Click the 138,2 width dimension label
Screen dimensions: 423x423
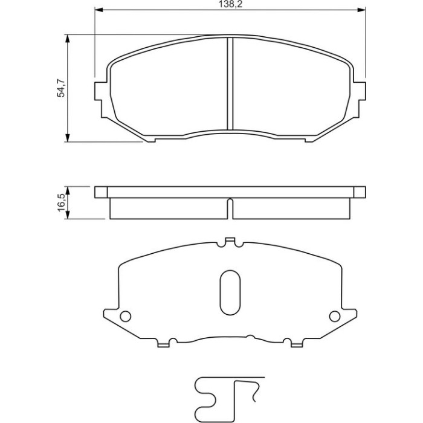[x=230, y=5]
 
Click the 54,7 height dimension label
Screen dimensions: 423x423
[x=60, y=88]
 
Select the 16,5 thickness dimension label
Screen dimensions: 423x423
[x=61, y=202]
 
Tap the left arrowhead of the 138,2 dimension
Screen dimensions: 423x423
[x=98, y=10]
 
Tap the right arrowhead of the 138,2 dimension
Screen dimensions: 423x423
[x=361, y=10]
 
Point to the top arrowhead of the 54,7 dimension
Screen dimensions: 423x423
[x=68, y=39]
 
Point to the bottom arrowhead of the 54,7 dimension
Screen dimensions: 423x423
[x=68, y=138]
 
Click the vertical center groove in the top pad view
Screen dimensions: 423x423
[x=230, y=83]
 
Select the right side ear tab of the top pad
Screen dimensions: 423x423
[x=360, y=91]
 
